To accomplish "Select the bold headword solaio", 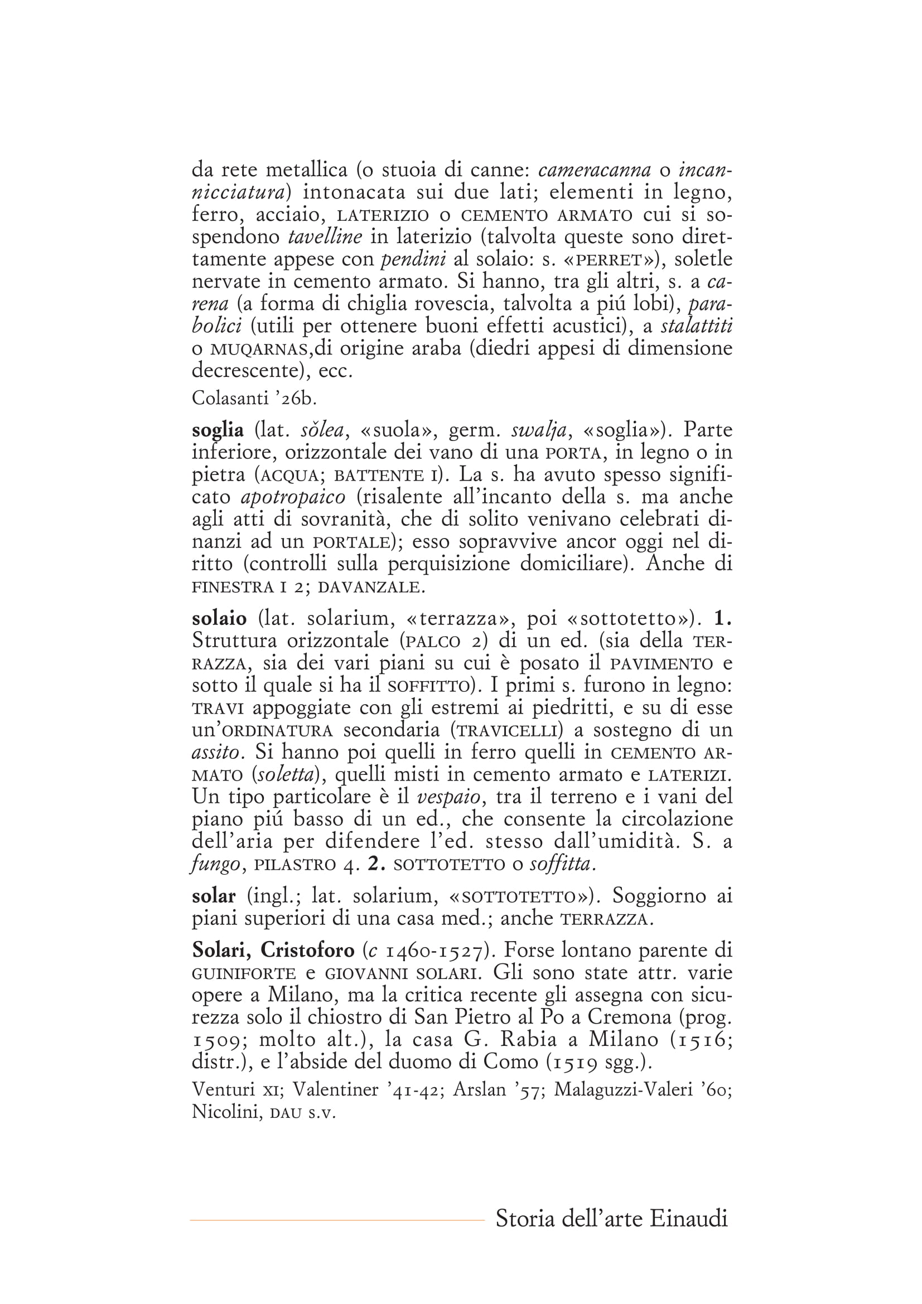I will tap(219, 618).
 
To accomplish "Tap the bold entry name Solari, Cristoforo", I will tap(273, 949).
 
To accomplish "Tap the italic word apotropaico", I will tap(293, 497).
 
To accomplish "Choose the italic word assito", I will tap(215, 753).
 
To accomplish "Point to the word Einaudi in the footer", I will tap(688, 1218).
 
